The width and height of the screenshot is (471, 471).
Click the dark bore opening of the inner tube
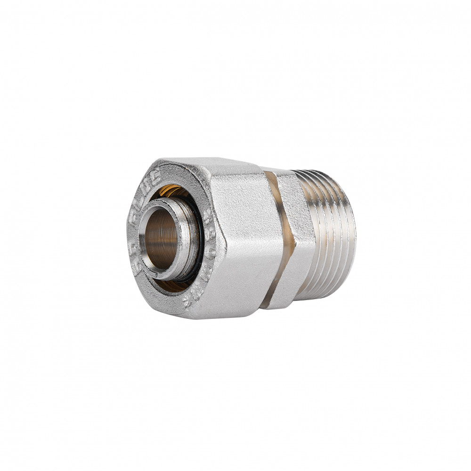click(162, 238)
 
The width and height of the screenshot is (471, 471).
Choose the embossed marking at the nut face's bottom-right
click(193, 297)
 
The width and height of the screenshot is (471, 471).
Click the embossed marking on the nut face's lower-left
click(137, 264)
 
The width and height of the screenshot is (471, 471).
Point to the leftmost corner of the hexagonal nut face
click(128, 235)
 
